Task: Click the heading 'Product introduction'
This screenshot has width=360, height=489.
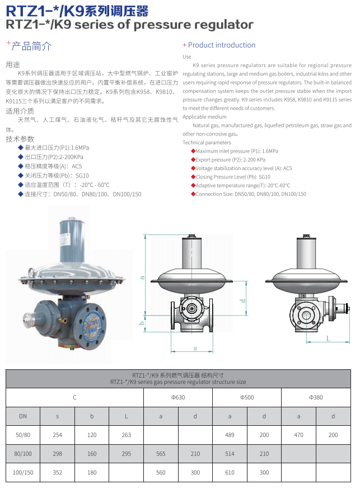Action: [x=221, y=45]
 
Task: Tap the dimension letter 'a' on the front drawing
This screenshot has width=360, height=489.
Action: [x=143, y=276]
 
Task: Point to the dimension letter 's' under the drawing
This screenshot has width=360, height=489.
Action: [x=195, y=348]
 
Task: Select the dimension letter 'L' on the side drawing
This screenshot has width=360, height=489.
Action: [x=328, y=338]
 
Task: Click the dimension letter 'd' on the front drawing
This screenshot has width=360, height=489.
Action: [x=243, y=300]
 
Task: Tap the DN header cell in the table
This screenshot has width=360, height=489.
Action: [x=23, y=416]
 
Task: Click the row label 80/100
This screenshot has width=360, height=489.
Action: [x=23, y=454]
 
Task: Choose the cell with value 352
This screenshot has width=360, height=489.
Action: [x=57, y=473]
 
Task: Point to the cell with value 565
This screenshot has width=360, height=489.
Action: [x=161, y=454]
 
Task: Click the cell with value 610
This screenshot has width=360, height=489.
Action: [x=230, y=473]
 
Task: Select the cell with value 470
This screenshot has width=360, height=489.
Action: [x=298, y=435]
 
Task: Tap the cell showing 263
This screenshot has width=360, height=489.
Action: [x=126, y=435]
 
